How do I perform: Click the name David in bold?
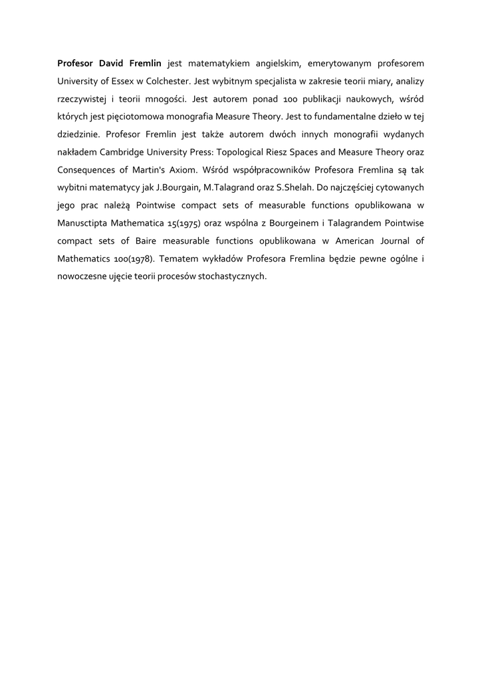pyautogui.click(x=114, y=64)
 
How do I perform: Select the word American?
pyautogui.click(x=358, y=240)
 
